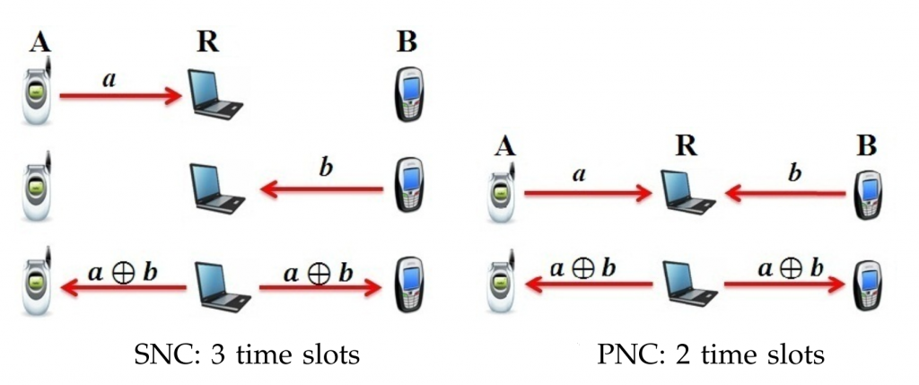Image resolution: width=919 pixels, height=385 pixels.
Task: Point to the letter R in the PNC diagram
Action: pyautogui.click(x=687, y=144)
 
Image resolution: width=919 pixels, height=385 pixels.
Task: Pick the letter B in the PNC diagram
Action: pyautogui.click(x=866, y=144)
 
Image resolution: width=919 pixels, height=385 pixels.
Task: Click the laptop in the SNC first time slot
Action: pyautogui.click(x=215, y=94)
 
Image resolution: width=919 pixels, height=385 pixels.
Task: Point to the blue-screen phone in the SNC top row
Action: pyautogui.click(x=408, y=94)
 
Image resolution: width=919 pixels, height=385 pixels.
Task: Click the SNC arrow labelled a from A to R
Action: pyautogui.click(x=121, y=93)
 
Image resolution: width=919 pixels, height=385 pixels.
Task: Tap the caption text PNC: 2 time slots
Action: pyautogui.click(x=710, y=355)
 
